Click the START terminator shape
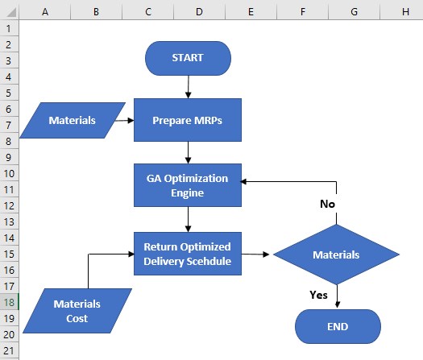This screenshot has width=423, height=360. coord(188,58)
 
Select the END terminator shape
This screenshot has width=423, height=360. coord(338,326)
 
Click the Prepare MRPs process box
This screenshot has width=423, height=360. coord(188,121)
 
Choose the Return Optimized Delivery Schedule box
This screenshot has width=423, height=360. coord(188,253)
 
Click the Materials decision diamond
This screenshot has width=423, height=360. coord(336,254)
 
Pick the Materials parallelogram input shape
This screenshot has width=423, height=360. coord(73,121)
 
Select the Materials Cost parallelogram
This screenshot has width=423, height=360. coord(77,311)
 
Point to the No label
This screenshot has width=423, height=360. coord(326,204)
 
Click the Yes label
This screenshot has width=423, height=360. coord(319,295)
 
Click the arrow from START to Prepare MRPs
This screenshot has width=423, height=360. coord(188,87)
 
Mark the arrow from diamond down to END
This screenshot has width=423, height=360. coord(337,295)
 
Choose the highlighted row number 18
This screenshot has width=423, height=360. coord(9,302)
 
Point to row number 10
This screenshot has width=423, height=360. coord(9,173)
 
